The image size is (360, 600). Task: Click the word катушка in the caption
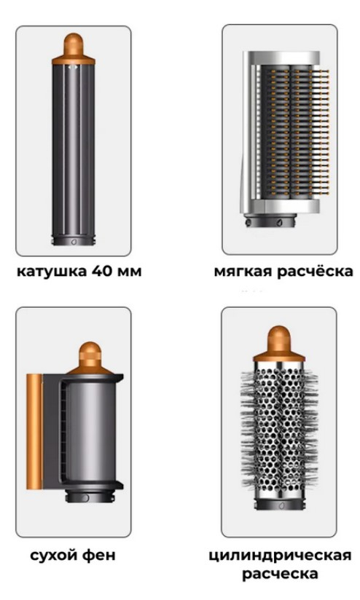pos(52,272)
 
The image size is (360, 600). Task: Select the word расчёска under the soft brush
pos(315,271)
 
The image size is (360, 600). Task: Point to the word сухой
pos(56,556)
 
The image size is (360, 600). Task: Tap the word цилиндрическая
pos(280,556)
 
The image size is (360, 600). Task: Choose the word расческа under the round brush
pos(280,574)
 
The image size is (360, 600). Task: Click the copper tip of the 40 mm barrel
pos(74,48)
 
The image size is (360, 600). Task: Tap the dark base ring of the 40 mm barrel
pos(74,240)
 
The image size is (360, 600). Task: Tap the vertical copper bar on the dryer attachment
pos(34,432)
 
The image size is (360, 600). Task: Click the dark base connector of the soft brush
pos(271,221)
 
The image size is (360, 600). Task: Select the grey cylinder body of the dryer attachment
pos(89,432)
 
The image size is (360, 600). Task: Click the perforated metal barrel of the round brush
pos(279,429)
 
